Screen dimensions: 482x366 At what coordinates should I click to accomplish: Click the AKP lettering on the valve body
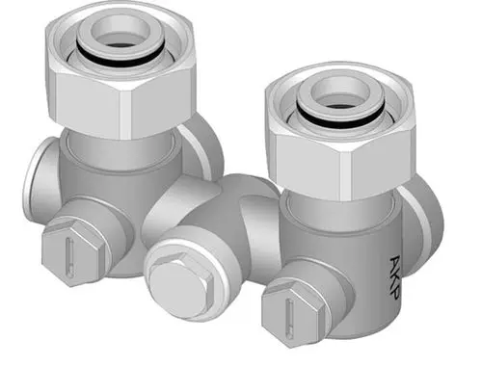(x=395, y=277)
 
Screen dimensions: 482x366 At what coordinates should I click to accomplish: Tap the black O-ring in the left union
(x=120, y=59)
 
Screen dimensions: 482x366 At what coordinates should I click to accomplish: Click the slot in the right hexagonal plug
(x=290, y=317)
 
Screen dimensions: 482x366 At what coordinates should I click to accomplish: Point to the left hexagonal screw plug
(x=73, y=252)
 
